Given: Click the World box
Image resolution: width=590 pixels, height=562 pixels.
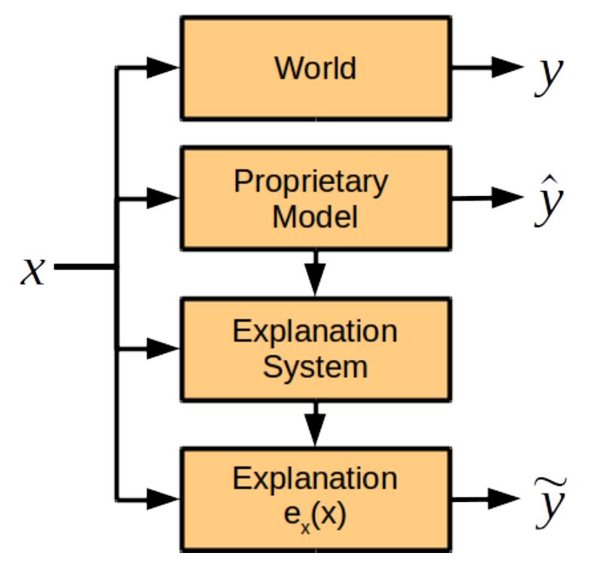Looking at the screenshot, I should (315, 68).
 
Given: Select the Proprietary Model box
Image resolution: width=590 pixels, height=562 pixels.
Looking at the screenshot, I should (315, 198).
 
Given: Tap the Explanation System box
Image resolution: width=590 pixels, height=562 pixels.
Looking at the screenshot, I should (315, 349).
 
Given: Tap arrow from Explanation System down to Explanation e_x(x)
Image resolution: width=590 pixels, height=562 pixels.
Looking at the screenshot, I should (315, 424).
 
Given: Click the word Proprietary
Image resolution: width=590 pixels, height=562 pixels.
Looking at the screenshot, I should (310, 183).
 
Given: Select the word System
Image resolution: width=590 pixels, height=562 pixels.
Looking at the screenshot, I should (315, 367).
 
